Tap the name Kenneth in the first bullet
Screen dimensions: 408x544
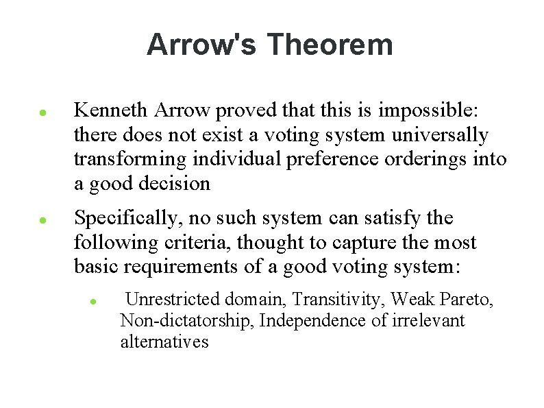click(112, 110)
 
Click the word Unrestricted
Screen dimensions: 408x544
click(173, 300)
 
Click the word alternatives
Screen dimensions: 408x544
click(164, 341)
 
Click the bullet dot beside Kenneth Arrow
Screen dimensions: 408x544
click(42, 111)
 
